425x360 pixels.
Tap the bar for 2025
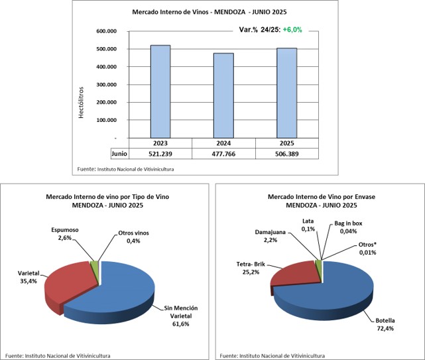[286, 93]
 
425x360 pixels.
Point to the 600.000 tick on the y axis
[106, 31]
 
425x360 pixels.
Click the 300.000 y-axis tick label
[106, 85]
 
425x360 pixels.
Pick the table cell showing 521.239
[160, 153]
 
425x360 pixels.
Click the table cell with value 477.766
[223, 153]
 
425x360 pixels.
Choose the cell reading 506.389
[286, 153]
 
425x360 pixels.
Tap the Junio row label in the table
[119, 153]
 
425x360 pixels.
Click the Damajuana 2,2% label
[272, 237]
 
